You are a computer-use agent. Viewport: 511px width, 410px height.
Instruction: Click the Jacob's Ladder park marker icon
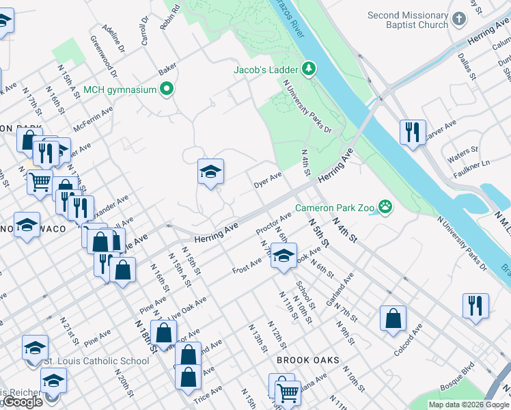click(x=309, y=69)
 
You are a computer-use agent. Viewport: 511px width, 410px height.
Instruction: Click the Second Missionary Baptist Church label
click(x=416, y=20)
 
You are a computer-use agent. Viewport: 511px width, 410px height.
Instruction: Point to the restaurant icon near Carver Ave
click(x=413, y=133)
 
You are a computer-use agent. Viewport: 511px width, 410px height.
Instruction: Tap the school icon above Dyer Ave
click(x=211, y=172)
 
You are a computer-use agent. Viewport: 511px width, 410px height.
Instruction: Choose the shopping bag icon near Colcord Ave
click(x=393, y=318)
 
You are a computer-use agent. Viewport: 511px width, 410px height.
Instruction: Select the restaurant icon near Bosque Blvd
click(x=475, y=306)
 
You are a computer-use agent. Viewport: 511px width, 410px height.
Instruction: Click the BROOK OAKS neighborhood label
click(x=307, y=359)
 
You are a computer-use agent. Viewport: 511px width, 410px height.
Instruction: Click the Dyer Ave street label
click(x=268, y=181)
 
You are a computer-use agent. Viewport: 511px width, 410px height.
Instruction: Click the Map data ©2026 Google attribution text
click(x=469, y=405)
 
